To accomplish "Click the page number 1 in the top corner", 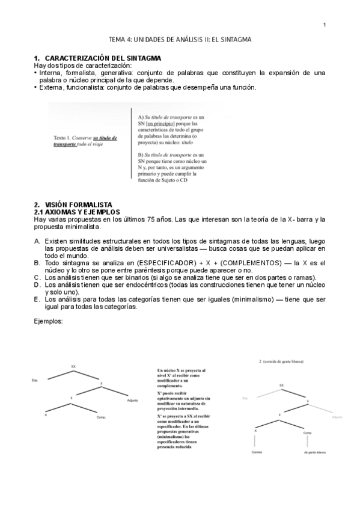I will (324, 25).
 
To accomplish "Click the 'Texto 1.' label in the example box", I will (63, 138).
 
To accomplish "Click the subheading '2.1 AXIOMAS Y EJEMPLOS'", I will (78, 212).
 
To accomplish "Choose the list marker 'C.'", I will (37, 277).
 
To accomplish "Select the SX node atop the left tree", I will (73, 366).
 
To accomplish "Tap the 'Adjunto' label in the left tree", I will (133, 400).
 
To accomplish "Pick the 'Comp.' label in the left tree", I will (101, 417).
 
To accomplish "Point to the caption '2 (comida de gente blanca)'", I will (281, 361).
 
